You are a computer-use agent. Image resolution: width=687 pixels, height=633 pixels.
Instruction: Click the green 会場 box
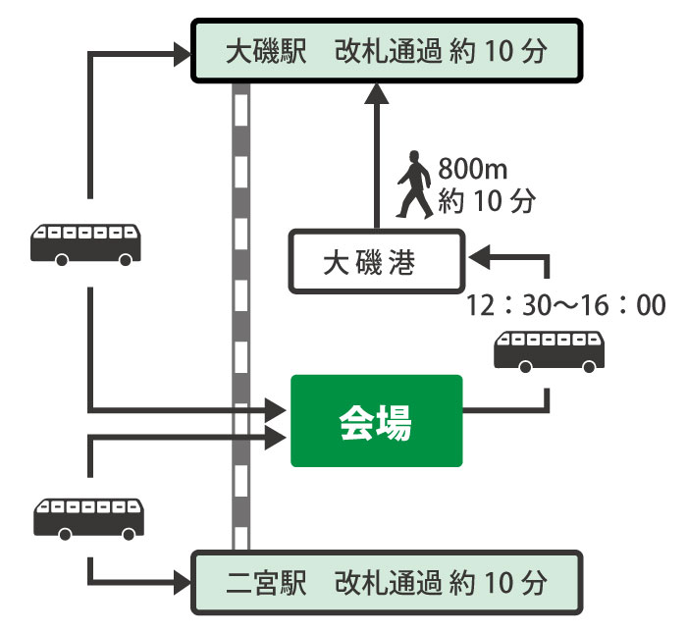click(376, 420)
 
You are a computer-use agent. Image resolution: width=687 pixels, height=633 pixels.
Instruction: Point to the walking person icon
click(413, 185)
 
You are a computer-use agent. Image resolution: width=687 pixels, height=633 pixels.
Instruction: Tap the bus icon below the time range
click(548, 351)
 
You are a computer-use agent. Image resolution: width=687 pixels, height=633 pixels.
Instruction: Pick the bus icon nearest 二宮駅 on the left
click(89, 517)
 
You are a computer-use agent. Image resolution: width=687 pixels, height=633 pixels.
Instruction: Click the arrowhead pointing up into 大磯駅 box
click(375, 94)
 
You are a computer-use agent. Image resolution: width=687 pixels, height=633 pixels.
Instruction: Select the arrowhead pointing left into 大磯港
click(480, 258)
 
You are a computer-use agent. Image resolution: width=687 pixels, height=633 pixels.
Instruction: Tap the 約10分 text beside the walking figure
click(487, 203)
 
